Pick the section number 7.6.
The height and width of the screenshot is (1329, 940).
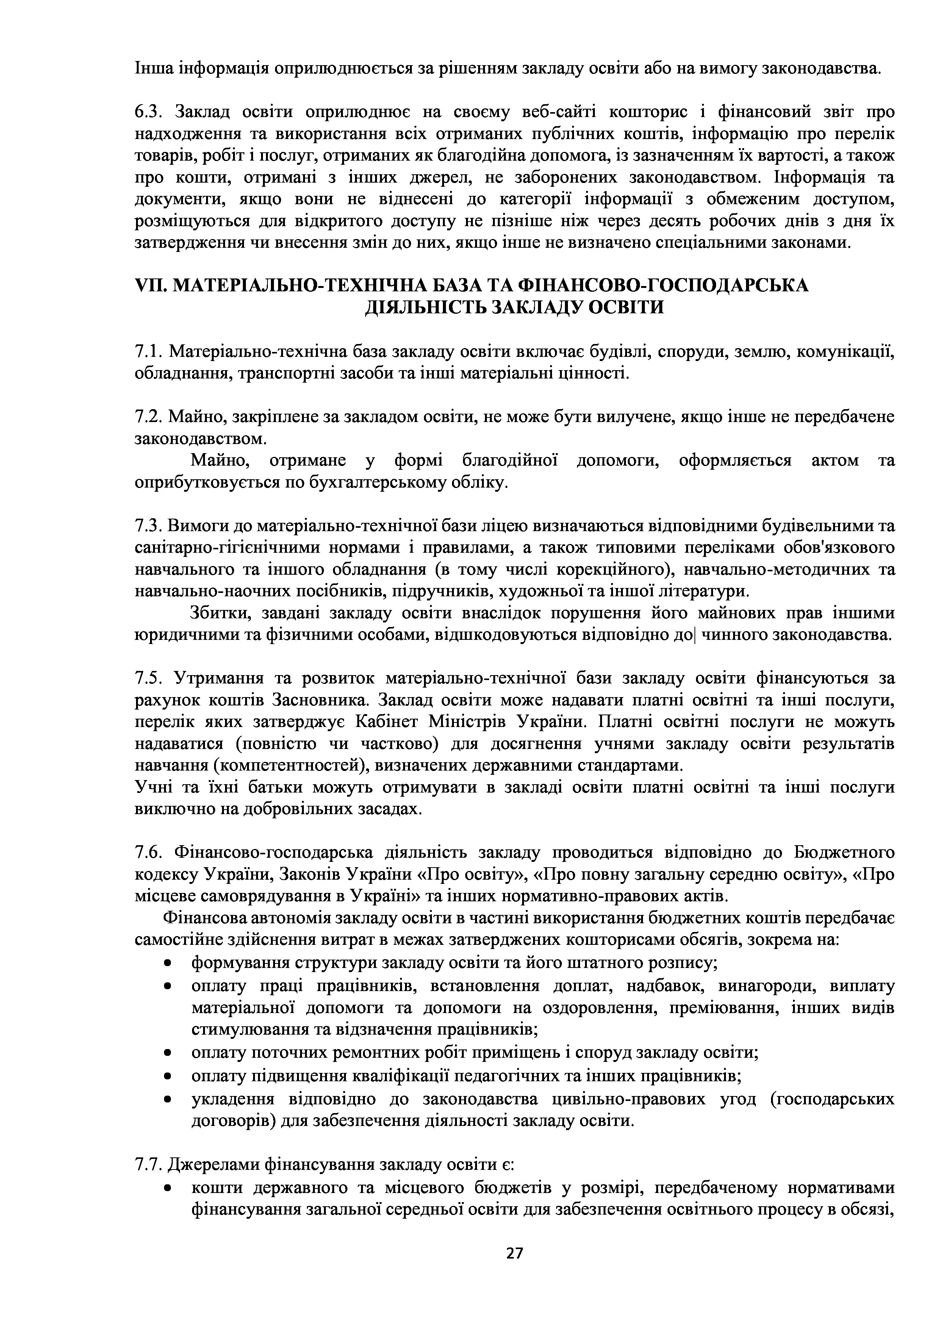click(x=149, y=853)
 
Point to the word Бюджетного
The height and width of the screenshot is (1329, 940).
click(x=844, y=853)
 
